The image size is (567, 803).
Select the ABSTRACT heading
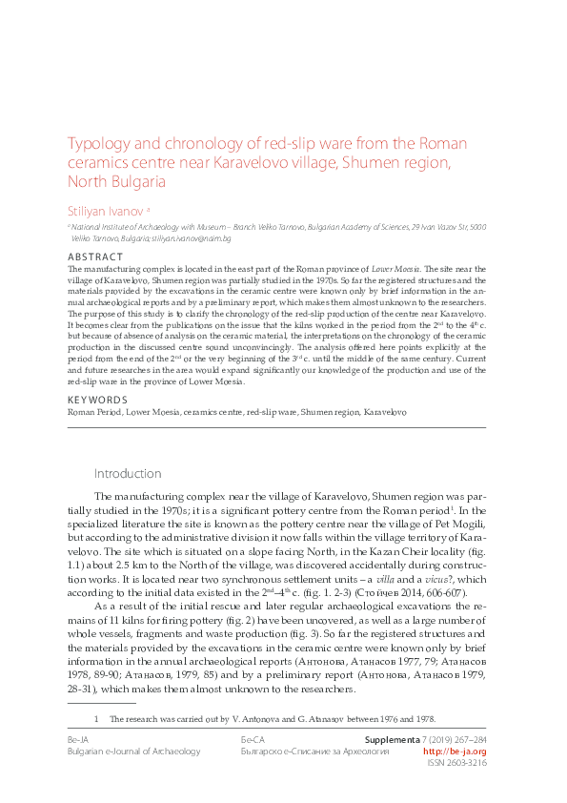click(x=95, y=257)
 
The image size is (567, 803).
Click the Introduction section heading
click(x=128, y=474)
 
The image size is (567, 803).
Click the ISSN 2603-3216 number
click(x=457, y=763)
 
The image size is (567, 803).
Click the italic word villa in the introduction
click(x=385, y=579)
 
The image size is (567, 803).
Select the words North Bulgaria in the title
click(x=113, y=181)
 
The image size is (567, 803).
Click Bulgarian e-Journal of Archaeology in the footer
click(x=133, y=752)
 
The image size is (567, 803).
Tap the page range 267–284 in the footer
click(x=467, y=739)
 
